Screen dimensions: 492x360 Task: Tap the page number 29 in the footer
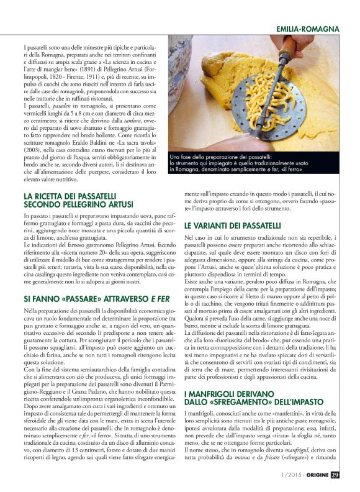click(335, 475)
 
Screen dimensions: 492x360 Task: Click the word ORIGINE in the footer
click(313, 475)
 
